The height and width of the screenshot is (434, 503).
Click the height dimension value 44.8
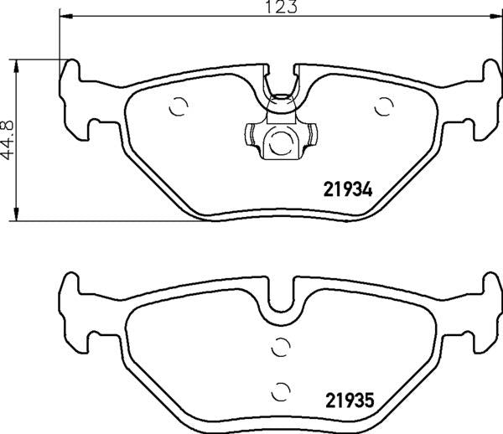[8, 140]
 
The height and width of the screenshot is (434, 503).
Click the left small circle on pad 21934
[178, 106]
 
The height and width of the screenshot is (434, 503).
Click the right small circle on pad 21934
[385, 106]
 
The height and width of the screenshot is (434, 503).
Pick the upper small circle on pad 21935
[281, 346]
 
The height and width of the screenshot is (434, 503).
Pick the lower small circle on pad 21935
[281, 389]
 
